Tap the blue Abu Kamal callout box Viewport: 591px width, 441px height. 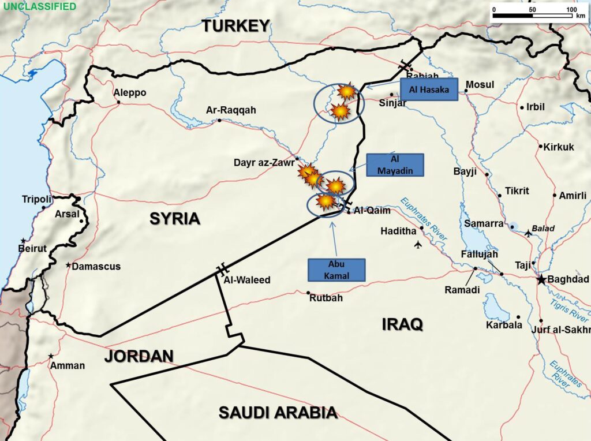tap(336, 270)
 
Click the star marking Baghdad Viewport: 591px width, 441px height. tap(541, 280)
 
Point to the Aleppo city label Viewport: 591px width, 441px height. tap(130, 93)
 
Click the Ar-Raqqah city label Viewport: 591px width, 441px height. tap(231, 110)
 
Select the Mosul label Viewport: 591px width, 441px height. tap(480, 85)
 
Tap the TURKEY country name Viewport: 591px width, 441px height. tap(235, 25)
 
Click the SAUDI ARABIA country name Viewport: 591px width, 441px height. tap(278, 412)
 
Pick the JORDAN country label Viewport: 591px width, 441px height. tap(139, 356)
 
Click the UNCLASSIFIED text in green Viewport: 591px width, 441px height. tap(39, 7)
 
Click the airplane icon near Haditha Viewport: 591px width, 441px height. tap(418, 245)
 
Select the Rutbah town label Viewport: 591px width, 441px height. tap(326, 298)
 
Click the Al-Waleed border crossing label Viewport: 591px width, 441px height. tap(247, 280)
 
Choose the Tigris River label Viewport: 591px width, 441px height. tap(569, 311)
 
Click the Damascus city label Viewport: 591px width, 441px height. tap(96, 266)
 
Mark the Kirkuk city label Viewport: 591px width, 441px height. tap(559, 147)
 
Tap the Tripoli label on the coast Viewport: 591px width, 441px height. tap(37, 199)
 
